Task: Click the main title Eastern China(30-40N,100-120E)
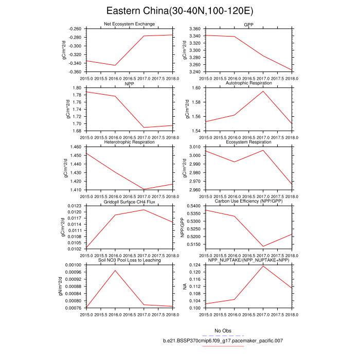179,11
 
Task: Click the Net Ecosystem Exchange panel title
129,24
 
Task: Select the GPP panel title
249,24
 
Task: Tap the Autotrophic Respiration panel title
249,83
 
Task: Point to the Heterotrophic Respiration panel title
129,142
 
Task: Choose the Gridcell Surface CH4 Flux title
129,202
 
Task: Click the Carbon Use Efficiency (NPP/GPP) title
249,202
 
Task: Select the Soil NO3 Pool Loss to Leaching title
129,261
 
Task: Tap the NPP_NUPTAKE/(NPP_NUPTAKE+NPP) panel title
249,261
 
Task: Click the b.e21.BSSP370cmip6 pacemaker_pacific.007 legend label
223,340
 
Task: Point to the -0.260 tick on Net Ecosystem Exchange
75,29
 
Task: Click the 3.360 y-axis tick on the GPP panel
195,29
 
